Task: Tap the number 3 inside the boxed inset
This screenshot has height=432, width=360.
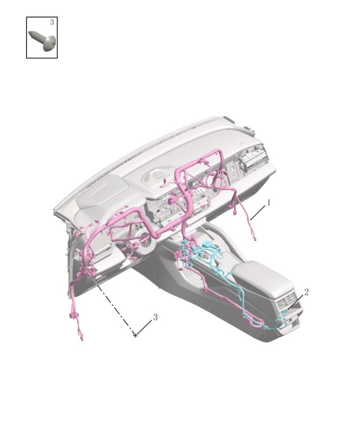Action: coord(52,22)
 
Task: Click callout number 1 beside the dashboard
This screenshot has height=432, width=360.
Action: coord(269,202)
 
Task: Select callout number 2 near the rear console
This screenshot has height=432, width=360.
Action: coord(306,292)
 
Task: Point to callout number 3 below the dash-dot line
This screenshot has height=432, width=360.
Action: coord(155,317)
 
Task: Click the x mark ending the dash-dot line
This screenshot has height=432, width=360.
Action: coord(135,336)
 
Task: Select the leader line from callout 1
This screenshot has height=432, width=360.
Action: coord(259,211)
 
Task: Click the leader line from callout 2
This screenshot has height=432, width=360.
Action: coord(297,301)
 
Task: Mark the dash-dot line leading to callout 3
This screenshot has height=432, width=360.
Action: coord(114,306)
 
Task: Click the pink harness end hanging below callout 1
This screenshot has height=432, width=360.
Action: coord(253,234)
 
